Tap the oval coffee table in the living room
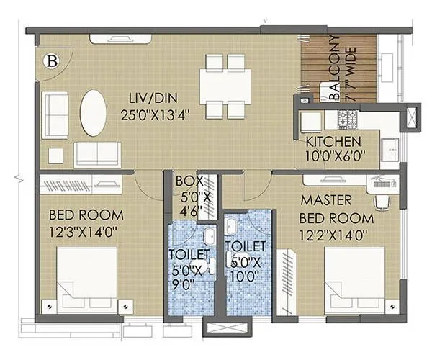93,112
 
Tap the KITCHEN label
331,141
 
